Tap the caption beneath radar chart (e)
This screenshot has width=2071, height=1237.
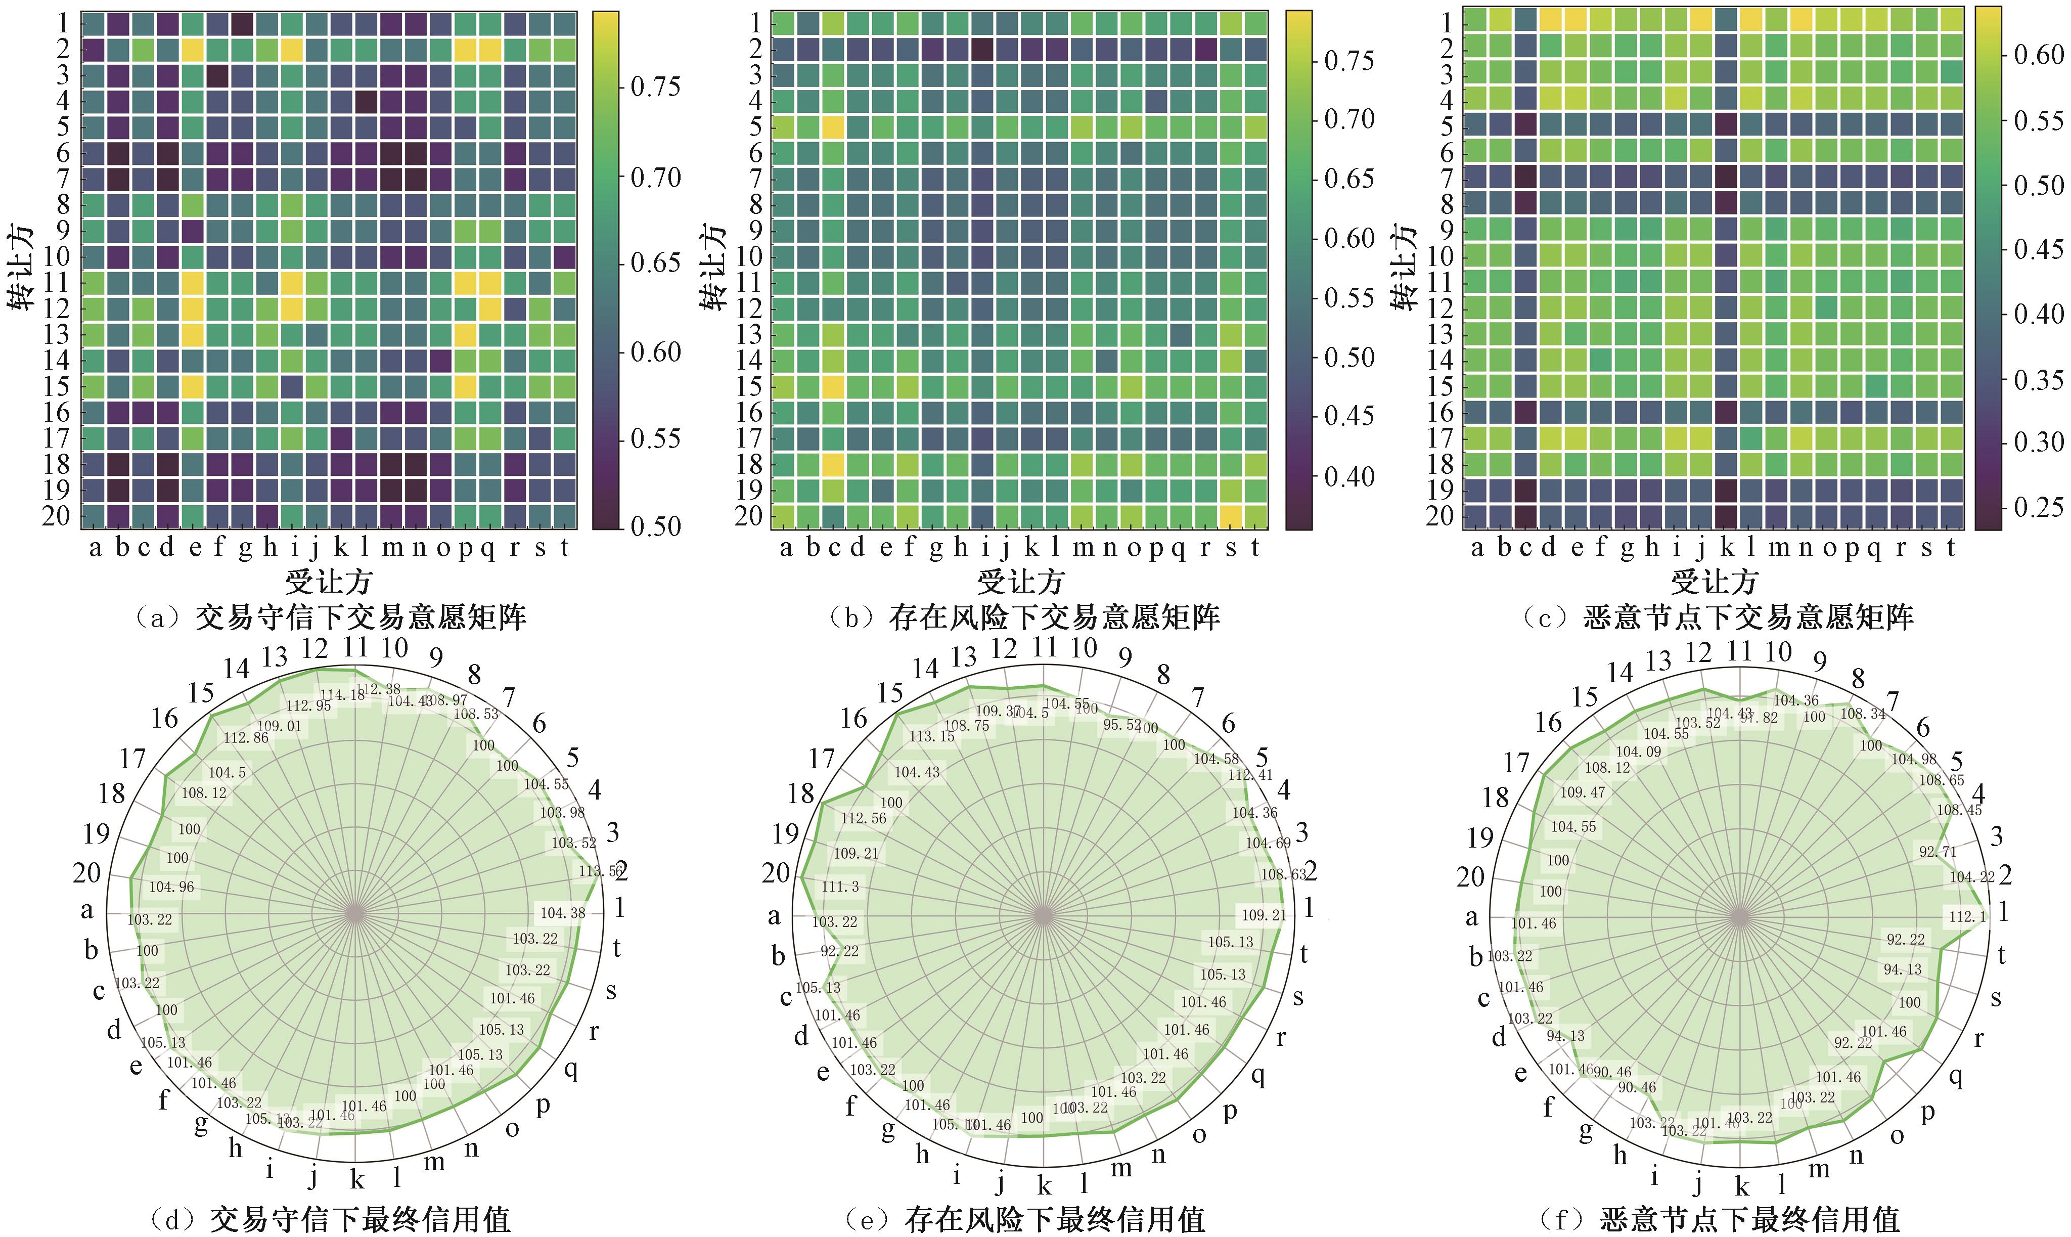1023,1219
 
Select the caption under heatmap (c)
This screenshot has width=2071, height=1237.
1717,617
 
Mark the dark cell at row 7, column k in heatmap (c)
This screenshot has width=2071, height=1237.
1727,179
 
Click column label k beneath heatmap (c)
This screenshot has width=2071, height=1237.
1727,548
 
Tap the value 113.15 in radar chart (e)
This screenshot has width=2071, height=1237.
932,736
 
